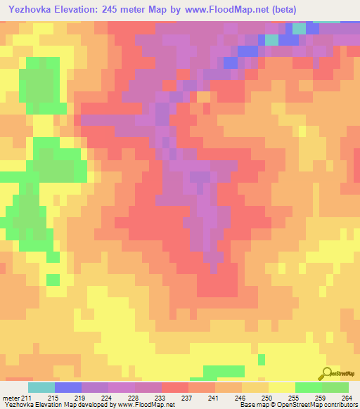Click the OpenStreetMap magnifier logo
[328, 373]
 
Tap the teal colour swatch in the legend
[41, 387]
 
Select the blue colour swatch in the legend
[68, 387]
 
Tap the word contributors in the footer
[342, 405]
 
